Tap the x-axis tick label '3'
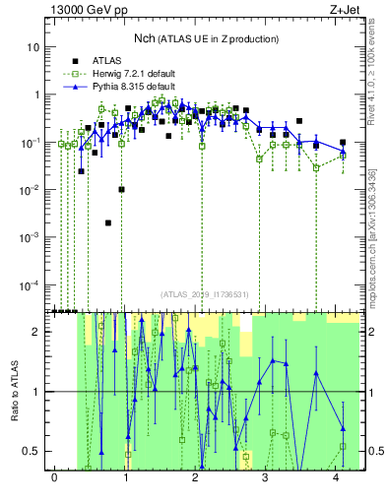pyautogui.click(x=266, y=477)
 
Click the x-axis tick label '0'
pyautogui.click(x=54, y=477)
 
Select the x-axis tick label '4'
pyautogui.click(x=337, y=477)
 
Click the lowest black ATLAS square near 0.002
pyautogui.click(x=108, y=222)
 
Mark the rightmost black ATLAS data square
pyautogui.click(x=343, y=143)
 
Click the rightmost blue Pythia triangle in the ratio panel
pyautogui.click(x=343, y=428)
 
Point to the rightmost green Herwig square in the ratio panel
pyautogui.click(x=343, y=446)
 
